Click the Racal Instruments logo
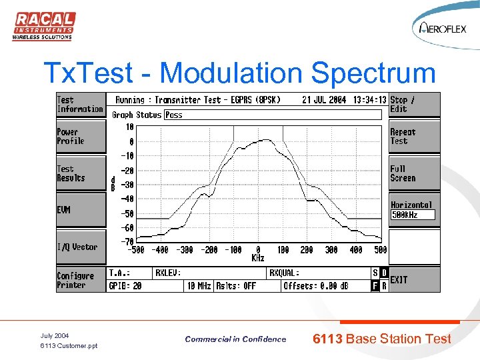click(43, 26)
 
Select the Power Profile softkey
click(81, 137)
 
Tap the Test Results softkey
click(81, 173)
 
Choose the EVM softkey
click(81, 210)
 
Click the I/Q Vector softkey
click(81, 247)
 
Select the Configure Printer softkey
click(81, 280)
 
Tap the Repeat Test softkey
click(414, 137)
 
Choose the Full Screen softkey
click(414, 173)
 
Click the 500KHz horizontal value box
click(413, 215)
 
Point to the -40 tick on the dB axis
click(126, 199)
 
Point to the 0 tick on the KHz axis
click(258, 250)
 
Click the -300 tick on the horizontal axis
click(185, 250)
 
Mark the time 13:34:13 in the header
click(370, 100)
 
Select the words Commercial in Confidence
click(235, 339)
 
